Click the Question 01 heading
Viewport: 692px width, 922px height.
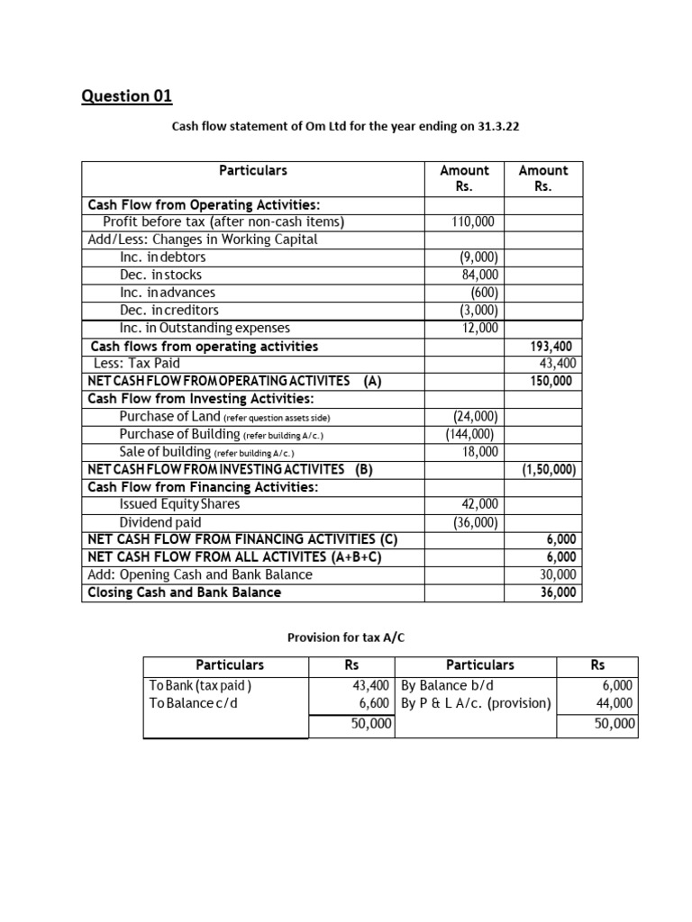pyautogui.click(x=126, y=95)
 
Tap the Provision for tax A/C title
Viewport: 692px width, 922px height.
pyautogui.click(x=346, y=637)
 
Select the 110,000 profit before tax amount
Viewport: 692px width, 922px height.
pyautogui.click(x=472, y=221)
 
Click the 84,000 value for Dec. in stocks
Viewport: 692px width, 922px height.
pyautogui.click(x=478, y=275)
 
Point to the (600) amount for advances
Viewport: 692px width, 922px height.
pyautogui.click(x=484, y=293)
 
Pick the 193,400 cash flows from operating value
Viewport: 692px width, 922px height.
pyautogui.click(x=553, y=346)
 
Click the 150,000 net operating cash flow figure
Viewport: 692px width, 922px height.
pyautogui.click(x=553, y=381)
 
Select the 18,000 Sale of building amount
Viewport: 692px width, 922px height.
pyautogui.click(x=478, y=451)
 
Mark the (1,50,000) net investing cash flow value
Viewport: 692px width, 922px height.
pyautogui.click(x=549, y=469)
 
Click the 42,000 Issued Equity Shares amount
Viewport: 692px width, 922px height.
pyautogui.click(x=478, y=504)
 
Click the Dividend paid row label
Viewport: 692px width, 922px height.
pyautogui.click(x=160, y=522)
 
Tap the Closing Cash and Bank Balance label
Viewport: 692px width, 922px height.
pyautogui.click(x=184, y=592)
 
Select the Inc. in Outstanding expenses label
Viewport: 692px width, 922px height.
pyautogui.click(x=205, y=328)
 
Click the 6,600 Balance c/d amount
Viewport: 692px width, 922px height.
pyautogui.click(x=374, y=703)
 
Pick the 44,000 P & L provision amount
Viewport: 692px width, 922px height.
pyautogui.click(x=615, y=703)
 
